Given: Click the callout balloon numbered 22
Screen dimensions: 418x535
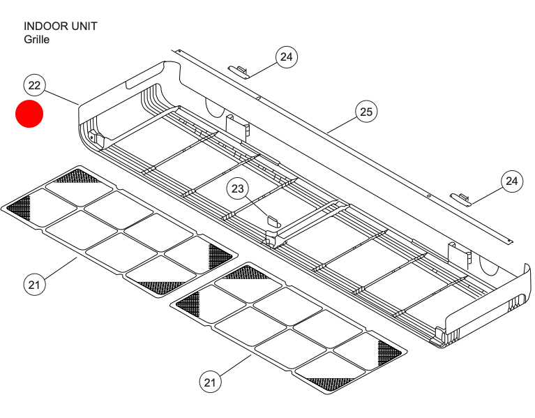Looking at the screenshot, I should (x=34, y=85).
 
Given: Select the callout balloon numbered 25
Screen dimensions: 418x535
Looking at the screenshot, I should (x=366, y=111).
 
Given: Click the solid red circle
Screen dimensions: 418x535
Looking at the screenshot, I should (x=29, y=114).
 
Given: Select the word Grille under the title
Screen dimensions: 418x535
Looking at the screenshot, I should (x=36, y=39).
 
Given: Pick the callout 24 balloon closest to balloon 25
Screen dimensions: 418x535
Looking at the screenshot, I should (x=286, y=57).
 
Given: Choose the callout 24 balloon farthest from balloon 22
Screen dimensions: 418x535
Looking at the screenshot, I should (x=512, y=181).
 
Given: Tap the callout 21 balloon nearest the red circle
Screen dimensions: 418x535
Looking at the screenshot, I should (x=34, y=284).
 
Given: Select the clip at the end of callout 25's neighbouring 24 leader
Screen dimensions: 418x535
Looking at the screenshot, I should (x=239, y=70).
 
